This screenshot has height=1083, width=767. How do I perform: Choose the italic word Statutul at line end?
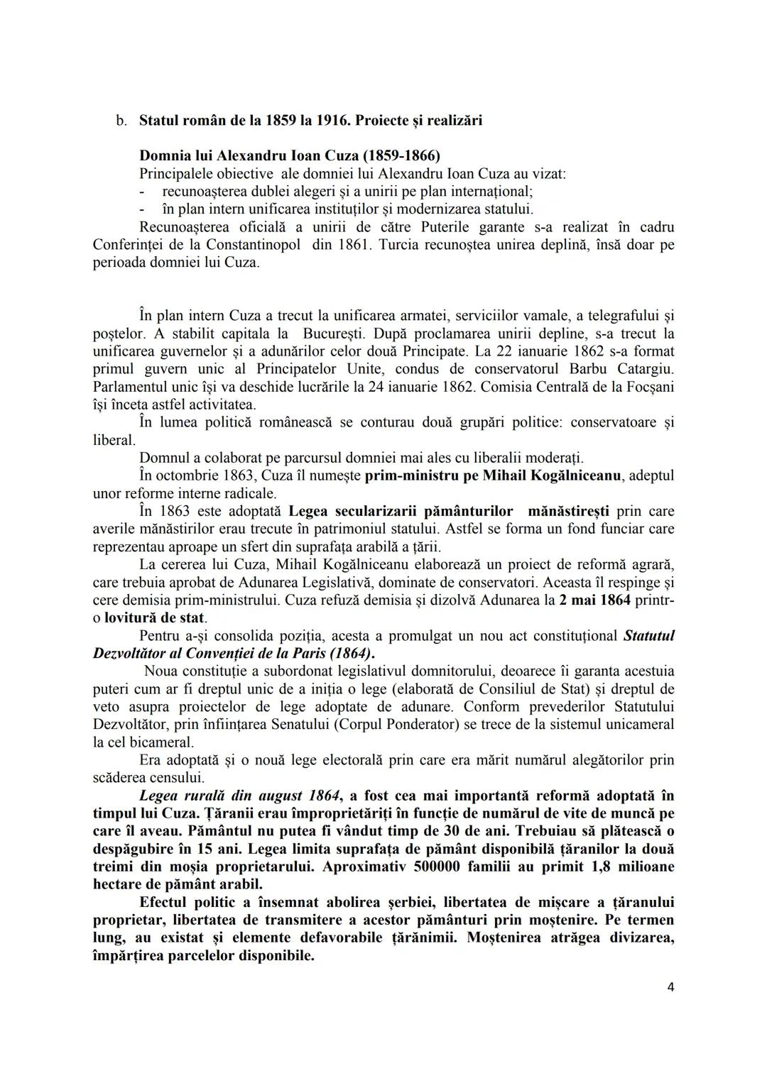click(x=648, y=635)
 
